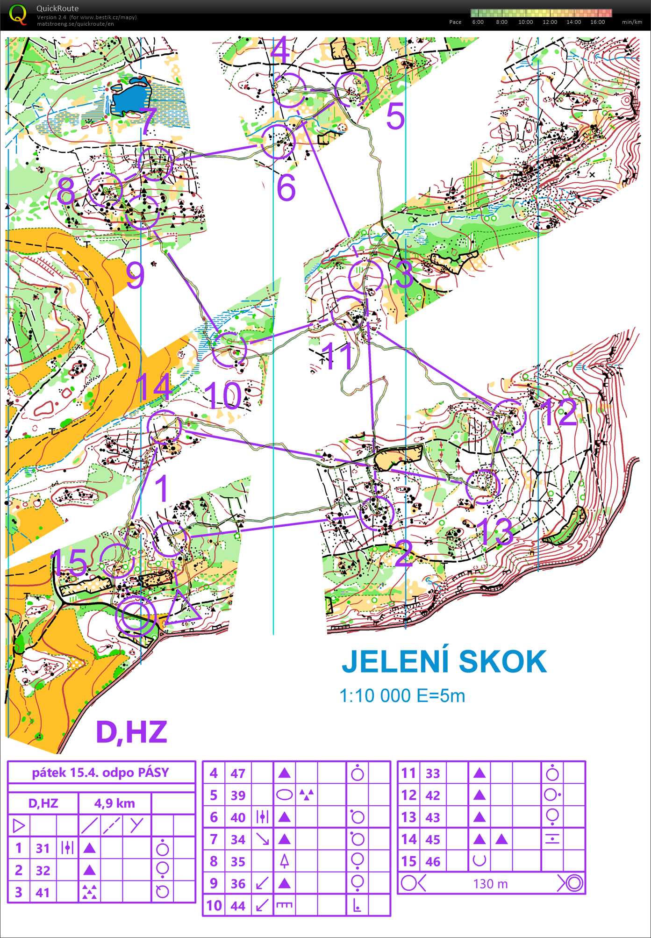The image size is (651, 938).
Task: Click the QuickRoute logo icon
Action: (x=18, y=14)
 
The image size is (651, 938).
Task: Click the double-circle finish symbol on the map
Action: (x=135, y=616)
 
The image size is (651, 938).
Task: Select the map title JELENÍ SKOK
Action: (x=444, y=661)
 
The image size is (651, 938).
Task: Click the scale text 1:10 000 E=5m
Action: (x=402, y=696)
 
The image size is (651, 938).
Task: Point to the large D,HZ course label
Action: (x=131, y=732)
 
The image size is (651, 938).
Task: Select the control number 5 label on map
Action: (x=395, y=117)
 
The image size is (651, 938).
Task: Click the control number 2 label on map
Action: (x=403, y=554)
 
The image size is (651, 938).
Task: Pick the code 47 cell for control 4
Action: (x=238, y=773)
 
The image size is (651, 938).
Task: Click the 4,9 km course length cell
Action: (x=114, y=803)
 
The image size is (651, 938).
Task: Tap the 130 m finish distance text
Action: (x=490, y=884)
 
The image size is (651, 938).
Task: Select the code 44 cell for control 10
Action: (x=238, y=906)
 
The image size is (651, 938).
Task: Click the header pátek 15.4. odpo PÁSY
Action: (x=100, y=773)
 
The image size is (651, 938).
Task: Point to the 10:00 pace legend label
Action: (x=525, y=22)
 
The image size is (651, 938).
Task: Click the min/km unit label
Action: (x=632, y=22)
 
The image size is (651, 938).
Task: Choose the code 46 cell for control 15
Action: (x=433, y=861)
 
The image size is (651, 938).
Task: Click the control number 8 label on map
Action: (x=66, y=191)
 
